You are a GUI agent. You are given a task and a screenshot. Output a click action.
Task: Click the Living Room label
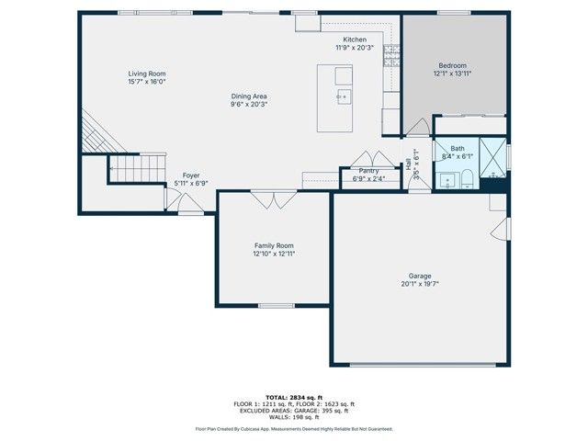146,73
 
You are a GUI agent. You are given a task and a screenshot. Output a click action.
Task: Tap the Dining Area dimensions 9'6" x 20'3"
249,104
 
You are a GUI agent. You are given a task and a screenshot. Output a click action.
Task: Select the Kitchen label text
355,40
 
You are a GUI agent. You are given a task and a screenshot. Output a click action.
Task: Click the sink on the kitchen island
343,96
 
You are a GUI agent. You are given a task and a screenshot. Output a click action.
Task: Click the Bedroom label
452,65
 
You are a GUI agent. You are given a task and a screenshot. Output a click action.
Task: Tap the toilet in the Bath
467,177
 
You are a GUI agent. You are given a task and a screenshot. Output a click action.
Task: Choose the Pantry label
368,170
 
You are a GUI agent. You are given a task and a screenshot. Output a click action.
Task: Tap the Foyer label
191,175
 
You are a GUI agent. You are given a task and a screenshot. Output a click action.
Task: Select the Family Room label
274,245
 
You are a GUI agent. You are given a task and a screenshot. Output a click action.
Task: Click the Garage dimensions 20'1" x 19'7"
420,284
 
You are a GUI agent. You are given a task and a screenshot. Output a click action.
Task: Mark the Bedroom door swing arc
418,127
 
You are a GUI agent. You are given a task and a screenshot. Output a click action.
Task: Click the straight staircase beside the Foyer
138,166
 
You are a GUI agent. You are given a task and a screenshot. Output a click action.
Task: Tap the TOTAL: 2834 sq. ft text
293,397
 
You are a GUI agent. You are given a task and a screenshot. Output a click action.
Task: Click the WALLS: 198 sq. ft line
293,417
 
